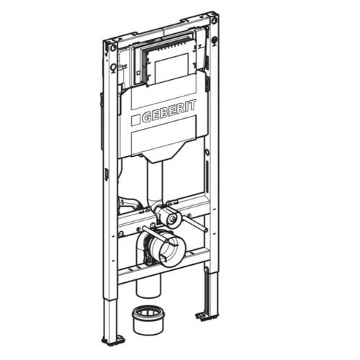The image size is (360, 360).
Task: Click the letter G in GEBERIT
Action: point(147,117)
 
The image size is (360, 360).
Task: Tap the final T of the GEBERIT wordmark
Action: point(192,105)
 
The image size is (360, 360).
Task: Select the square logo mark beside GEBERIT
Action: point(135,120)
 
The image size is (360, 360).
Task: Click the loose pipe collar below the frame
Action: point(148,320)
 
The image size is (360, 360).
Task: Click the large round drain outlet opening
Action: point(169,251)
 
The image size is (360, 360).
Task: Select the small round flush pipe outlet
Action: point(174,218)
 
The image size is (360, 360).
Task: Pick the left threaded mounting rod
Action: point(159,235)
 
